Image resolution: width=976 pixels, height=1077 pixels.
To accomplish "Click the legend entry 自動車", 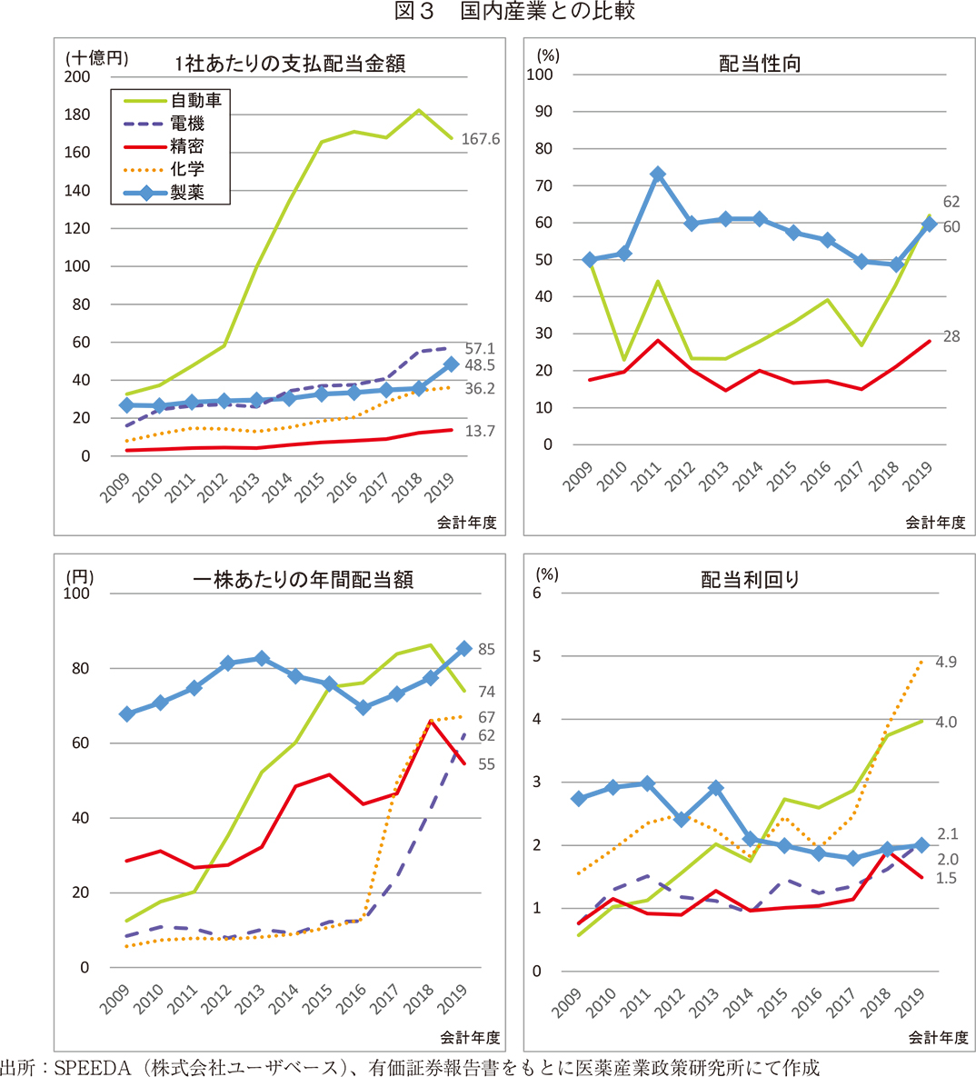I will pyautogui.click(x=195, y=100).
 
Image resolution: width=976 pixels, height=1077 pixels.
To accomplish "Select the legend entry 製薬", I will pyautogui.click(x=187, y=192).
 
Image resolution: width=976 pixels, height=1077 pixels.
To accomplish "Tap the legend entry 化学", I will pyautogui.click(x=187, y=169).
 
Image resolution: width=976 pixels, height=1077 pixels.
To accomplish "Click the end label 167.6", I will pyautogui.click(x=480, y=139).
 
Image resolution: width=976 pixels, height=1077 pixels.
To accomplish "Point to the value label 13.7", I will pyautogui.click(x=479, y=431).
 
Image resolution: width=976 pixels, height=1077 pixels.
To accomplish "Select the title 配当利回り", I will pyautogui.click(x=751, y=580).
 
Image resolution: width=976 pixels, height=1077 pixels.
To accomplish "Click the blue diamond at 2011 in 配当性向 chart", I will pyautogui.click(x=658, y=175).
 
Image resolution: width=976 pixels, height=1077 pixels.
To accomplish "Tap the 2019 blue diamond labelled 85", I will pyautogui.click(x=463, y=648).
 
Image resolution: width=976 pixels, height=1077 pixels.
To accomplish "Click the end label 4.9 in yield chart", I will pyautogui.click(x=945, y=662).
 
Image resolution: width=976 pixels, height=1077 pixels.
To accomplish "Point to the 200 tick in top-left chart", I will pyautogui.click(x=78, y=76).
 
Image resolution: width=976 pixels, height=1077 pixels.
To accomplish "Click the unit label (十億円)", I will pyautogui.click(x=96, y=57).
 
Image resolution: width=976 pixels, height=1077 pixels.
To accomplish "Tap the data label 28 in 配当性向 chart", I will pyautogui.click(x=951, y=336).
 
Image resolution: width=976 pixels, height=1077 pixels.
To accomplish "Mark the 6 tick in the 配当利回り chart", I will pyautogui.click(x=537, y=593).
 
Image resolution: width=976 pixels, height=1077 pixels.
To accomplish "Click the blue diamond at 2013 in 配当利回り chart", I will pyautogui.click(x=716, y=788).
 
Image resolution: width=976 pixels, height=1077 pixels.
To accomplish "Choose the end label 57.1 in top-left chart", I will pyautogui.click(x=479, y=349).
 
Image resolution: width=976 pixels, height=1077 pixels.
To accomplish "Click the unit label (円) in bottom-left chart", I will pyautogui.click(x=79, y=577).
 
